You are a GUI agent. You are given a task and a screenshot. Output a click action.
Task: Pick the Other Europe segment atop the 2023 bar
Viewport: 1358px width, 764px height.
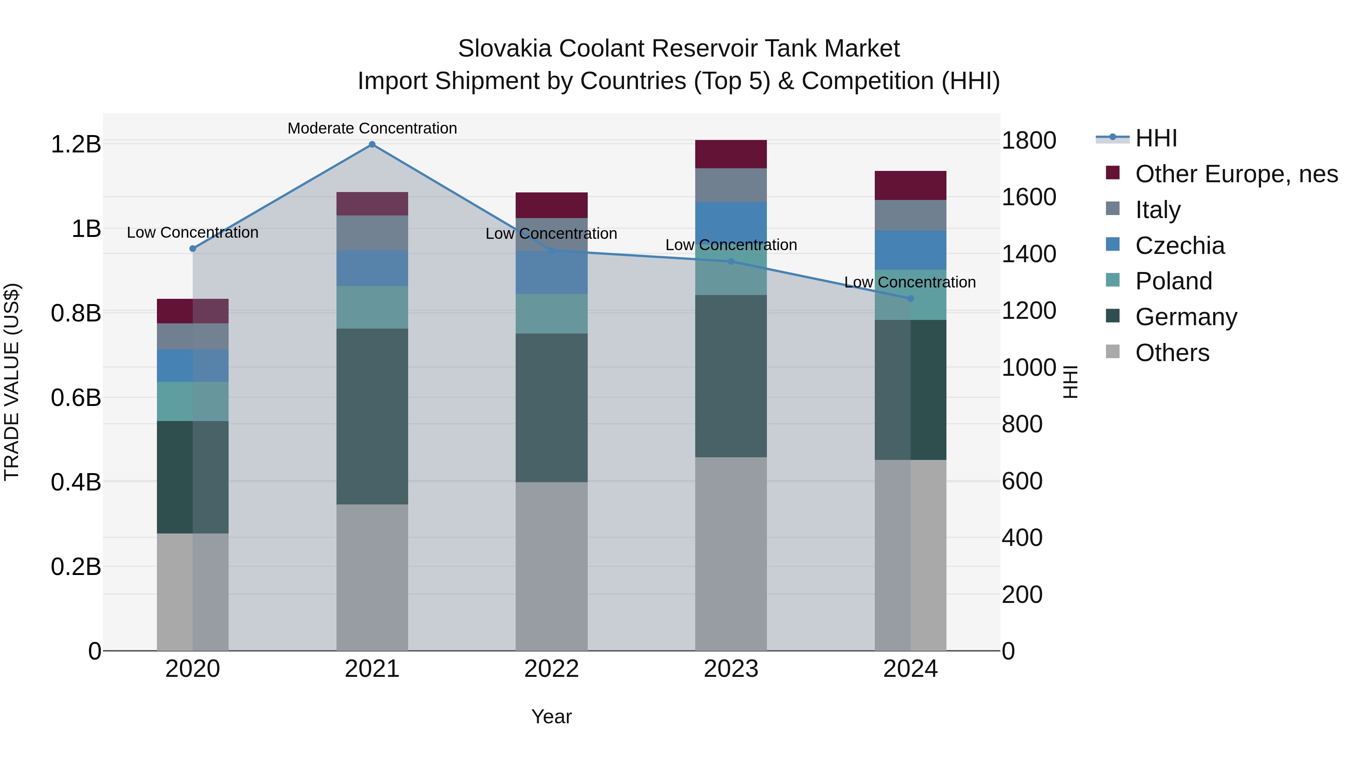731,154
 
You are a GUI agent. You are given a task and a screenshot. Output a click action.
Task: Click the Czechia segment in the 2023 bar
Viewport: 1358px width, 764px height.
731,221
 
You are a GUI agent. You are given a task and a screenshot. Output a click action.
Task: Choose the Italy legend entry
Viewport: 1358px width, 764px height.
1158,210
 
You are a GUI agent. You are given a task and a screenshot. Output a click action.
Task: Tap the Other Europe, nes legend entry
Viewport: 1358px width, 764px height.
1236,174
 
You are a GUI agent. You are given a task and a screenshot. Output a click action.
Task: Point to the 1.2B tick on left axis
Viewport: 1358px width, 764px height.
76,144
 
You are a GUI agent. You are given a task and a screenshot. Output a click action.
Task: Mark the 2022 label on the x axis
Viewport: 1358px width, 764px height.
551,669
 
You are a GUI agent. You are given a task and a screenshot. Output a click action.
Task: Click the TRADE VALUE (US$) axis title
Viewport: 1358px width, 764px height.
12,382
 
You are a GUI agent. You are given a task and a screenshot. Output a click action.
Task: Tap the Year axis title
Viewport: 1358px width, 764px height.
551,716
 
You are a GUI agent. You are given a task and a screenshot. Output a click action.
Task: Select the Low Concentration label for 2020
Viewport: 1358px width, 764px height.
192,232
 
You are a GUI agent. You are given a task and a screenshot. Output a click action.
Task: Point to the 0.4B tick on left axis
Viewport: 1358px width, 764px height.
76,482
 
